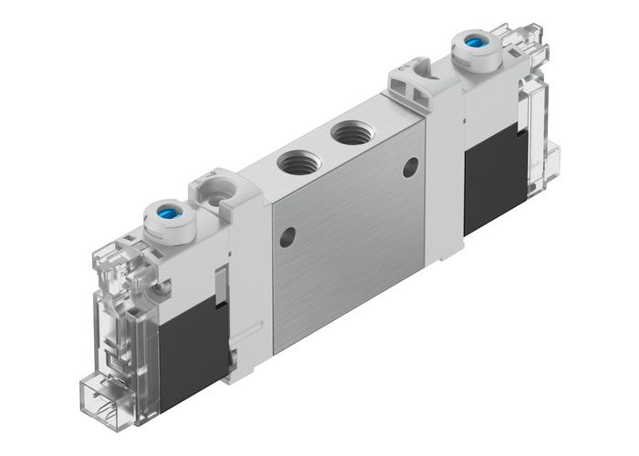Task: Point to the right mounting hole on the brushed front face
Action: pyautogui.click(x=411, y=166)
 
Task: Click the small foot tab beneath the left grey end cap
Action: pyautogui.click(x=236, y=357)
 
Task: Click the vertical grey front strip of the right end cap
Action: pyautogui.click(x=443, y=164)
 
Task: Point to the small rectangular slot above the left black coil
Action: pyautogui.click(x=219, y=282)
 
